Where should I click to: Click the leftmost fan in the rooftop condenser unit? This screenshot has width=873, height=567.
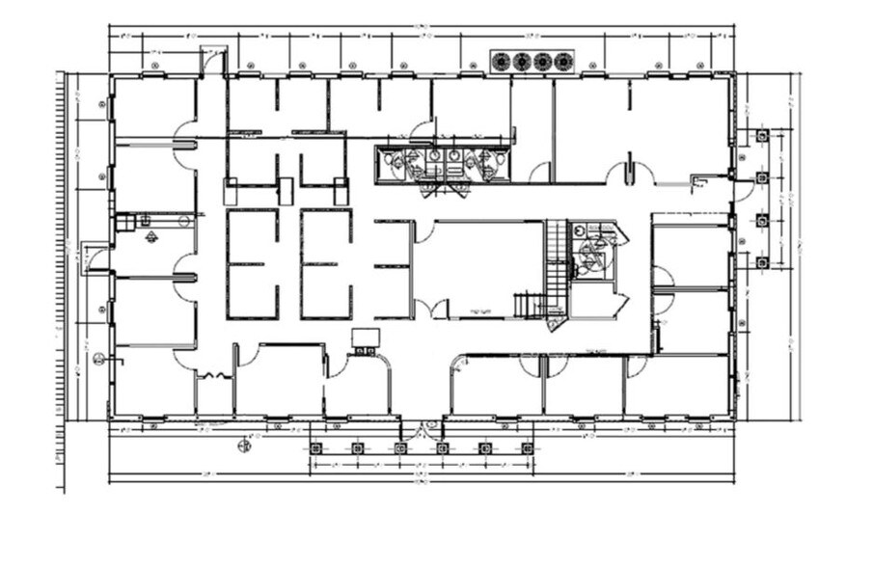pos(502,62)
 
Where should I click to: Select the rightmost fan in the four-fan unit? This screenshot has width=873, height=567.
pos(562,62)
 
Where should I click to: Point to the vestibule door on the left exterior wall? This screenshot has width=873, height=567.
pos(95,259)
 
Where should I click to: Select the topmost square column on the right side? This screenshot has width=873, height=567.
pos(762,136)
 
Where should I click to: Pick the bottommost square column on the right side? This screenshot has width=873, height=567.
pos(762,262)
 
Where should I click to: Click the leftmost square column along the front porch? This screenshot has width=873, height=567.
pos(314,447)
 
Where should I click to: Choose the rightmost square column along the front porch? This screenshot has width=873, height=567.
pos(527,447)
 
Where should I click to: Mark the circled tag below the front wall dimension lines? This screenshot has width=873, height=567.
pos(244,445)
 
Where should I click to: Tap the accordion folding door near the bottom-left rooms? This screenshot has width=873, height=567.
pos(217,374)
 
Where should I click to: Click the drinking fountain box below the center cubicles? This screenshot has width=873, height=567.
pos(366,338)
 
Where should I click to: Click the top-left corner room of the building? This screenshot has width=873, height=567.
pos(152,108)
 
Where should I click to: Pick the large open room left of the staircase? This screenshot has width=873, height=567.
pos(478,267)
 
